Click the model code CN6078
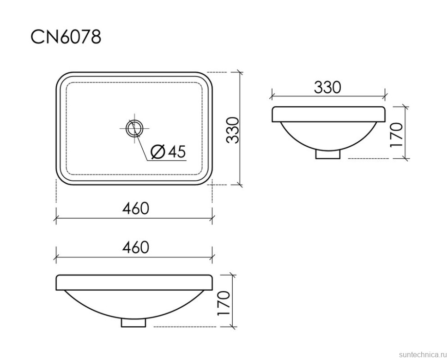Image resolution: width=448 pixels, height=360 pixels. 66,37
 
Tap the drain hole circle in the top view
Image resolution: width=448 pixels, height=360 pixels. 134,128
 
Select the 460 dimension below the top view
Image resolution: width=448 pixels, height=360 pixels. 135,209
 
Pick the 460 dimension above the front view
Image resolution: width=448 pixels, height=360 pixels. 135,247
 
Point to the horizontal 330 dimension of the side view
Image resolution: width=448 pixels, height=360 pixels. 327,87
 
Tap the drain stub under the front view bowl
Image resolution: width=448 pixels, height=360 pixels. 133,322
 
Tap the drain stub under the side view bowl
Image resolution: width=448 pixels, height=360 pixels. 328,154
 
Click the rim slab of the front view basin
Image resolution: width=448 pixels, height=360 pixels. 134,282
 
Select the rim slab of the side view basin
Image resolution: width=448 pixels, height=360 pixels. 328,114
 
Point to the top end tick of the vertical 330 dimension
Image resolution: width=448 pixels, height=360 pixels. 239,72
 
